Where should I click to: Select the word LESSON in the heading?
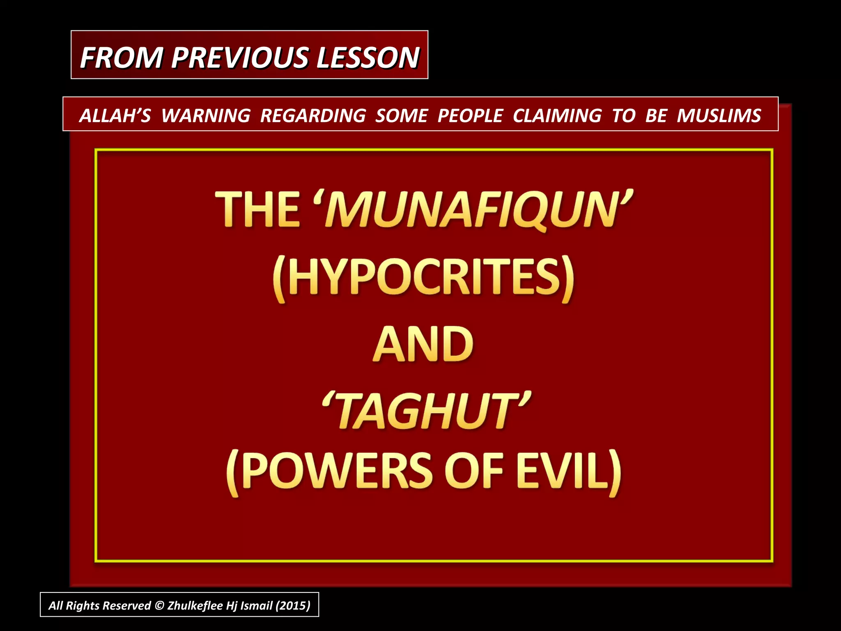(368, 57)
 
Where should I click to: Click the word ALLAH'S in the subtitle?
(115, 115)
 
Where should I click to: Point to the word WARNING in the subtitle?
(206, 115)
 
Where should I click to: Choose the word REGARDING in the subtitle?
(313, 115)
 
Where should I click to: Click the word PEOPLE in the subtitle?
(470, 115)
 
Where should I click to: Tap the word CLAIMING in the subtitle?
(557, 115)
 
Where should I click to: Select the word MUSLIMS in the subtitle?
(719, 115)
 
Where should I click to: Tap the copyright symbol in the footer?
(159, 606)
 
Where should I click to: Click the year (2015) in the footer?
(293, 606)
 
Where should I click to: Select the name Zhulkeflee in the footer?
(195, 606)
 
